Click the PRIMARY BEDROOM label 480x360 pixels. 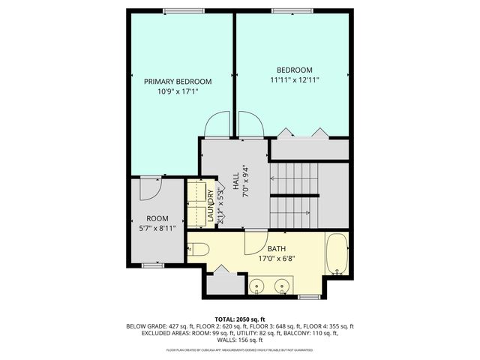point(178,82)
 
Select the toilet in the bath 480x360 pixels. point(196,248)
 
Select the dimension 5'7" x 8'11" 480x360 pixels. point(156,228)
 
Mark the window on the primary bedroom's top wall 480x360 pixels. point(184,10)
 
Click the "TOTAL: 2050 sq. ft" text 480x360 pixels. point(240,318)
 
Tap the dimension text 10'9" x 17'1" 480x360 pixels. point(178,92)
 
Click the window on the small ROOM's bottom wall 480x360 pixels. point(153,265)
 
